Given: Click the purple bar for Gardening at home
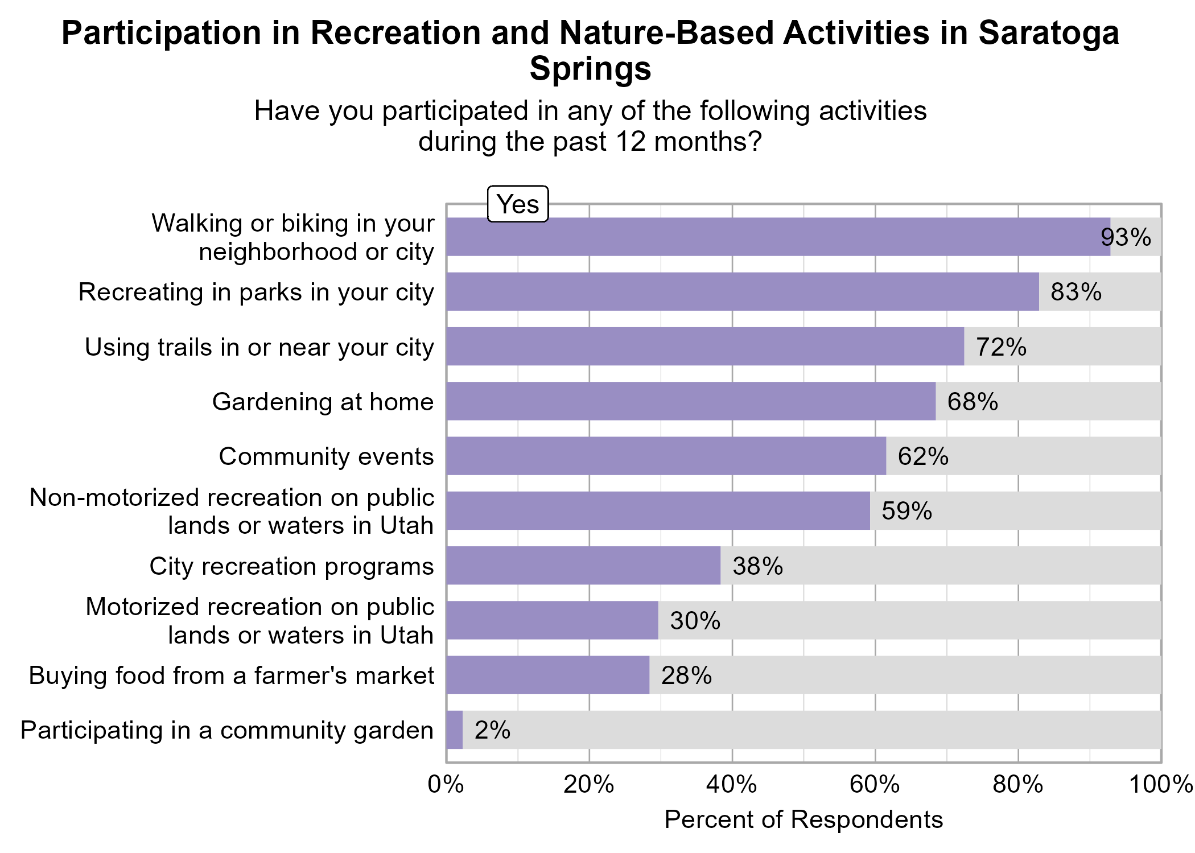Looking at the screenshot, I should click(690, 401).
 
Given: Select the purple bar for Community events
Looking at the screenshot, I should click(666, 456).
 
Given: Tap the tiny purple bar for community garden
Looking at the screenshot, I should click(455, 730).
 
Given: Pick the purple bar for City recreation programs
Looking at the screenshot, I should click(583, 566).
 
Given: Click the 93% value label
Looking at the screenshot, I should click(1126, 237).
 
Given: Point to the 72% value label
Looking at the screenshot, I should click(1001, 347).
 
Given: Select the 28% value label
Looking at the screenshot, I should click(686, 675).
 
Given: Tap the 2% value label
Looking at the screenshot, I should click(492, 730).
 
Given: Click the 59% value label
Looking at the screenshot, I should click(906, 511).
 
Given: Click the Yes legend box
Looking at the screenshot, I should click(518, 204).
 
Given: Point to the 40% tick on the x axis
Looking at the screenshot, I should click(732, 785).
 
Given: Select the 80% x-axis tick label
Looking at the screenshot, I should click(1018, 785).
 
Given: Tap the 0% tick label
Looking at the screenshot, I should click(446, 785).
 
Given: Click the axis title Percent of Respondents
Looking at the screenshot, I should click(803, 820).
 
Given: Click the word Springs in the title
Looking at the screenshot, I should click(590, 69).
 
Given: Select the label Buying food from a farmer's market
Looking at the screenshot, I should click(231, 675).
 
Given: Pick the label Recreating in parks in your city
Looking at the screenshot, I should click(256, 292).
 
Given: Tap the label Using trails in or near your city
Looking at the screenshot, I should click(259, 347).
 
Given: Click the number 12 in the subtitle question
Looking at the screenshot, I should click(631, 141).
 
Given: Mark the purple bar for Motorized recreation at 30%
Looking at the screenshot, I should click(552, 620).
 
